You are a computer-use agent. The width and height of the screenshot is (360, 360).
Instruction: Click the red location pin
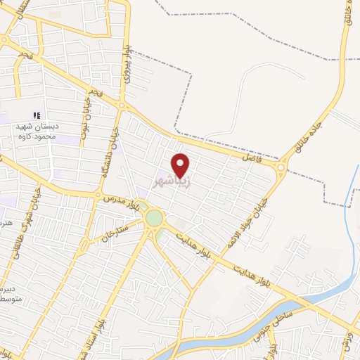coord(181,165)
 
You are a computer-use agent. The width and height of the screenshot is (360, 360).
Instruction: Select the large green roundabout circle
coord(153,219)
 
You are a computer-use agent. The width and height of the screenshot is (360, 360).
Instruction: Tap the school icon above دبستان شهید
coord(37,115)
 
